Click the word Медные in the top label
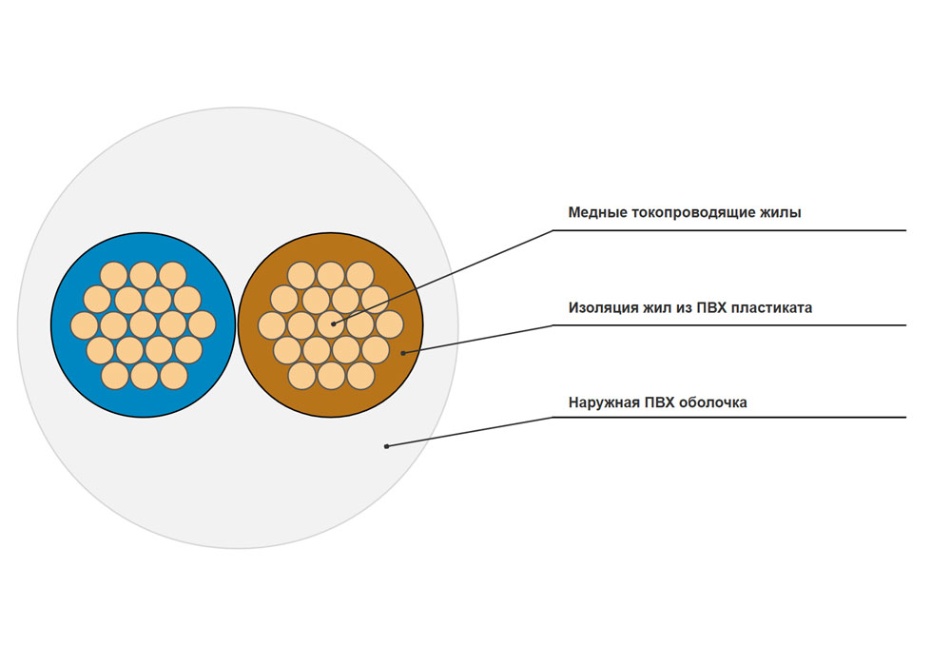point(597,213)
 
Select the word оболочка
point(713,402)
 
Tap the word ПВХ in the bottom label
point(659,402)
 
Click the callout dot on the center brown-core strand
point(333,324)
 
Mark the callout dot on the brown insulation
point(403,352)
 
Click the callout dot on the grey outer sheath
point(386,446)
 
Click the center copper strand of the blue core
point(144,325)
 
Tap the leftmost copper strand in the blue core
point(85,325)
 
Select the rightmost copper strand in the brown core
point(389,325)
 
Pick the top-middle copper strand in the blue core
point(144,276)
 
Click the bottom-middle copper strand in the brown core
point(331,376)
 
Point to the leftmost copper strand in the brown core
point(272,325)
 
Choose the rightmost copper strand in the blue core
point(202,325)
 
